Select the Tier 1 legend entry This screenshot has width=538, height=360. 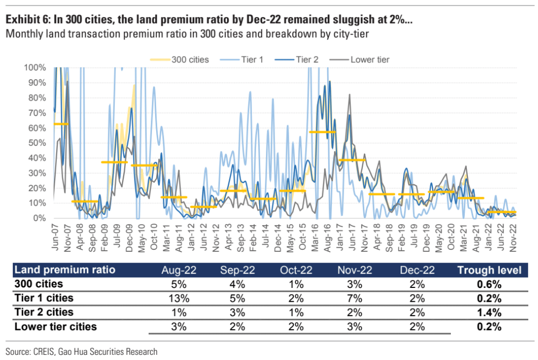coord(252,59)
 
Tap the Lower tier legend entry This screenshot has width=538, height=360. coord(369,59)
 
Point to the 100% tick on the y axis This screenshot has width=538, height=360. coord(36,67)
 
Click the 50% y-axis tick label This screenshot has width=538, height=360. coord(38,143)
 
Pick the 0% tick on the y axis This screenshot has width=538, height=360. coord(40,218)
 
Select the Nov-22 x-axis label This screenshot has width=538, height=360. coord(513,238)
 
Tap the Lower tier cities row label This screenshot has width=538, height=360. coord(56,326)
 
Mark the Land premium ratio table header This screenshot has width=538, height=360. coord(65,270)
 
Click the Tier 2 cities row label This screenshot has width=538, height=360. coord(44,312)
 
